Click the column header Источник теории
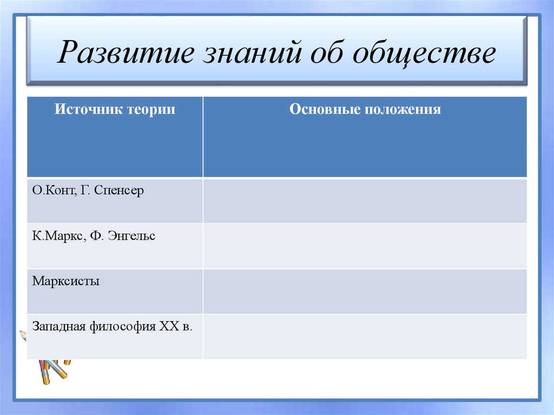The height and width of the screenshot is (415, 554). (115, 109)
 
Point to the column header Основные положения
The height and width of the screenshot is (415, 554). (365, 109)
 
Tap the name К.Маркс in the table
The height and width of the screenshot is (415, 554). (57, 236)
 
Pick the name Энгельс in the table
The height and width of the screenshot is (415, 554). (131, 236)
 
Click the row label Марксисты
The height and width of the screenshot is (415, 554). (66, 281)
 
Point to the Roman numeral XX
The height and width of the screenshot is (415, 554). (168, 326)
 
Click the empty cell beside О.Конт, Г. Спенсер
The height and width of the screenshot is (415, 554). (365, 201)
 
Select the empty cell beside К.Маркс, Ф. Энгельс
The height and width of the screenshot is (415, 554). (365, 246)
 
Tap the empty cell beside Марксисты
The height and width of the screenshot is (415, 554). (365, 291)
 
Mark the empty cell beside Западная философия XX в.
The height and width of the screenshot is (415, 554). (365, 336)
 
